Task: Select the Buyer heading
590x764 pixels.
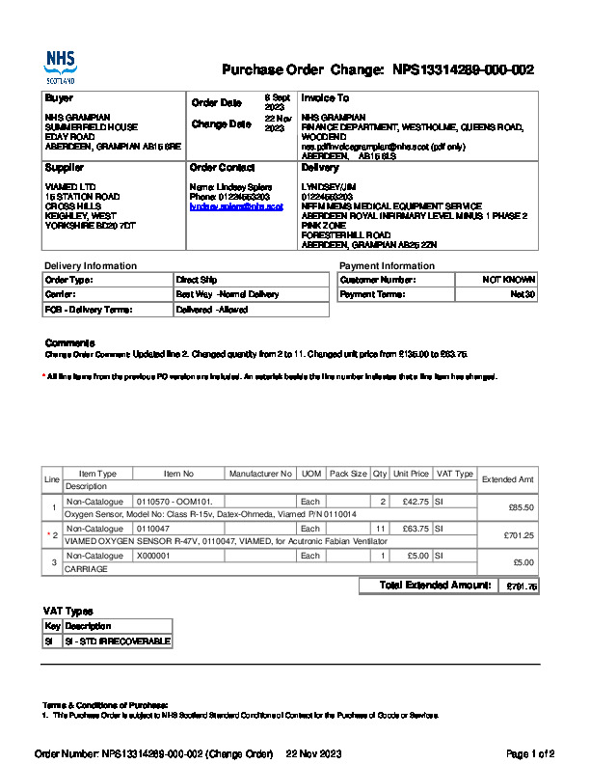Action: (x=59, y=98)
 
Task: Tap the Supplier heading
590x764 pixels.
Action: (x=65, y=168)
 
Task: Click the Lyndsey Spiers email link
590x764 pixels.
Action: (x=236, y=206)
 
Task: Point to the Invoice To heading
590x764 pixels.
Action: (x=325, y=98)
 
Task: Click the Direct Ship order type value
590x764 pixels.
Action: (x=196, y=280)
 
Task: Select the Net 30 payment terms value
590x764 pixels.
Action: (x=523, y=294)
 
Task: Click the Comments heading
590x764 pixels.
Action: (x=70, y=343)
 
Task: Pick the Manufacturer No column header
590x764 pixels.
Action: (x=260, y=474)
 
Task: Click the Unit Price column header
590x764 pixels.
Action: (x=412, y=474)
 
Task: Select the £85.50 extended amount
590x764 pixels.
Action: (x=521, y=507)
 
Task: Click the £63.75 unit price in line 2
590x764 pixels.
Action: (x=416, y=529)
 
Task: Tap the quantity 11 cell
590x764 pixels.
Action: (x=380, y=529)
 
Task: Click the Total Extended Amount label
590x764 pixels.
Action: (x=436, y=586)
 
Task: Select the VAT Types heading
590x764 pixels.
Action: (x=68, y=611)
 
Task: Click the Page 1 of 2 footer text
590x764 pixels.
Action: (x=530, y=753)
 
